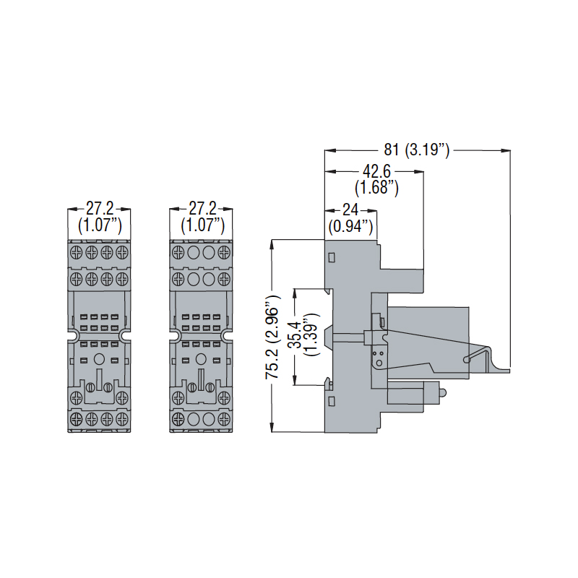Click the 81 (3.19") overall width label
coord(417,150)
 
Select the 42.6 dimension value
coord(376,172)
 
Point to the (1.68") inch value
coord(376,188)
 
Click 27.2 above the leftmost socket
coord(100,208)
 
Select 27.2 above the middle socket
coord(202,208)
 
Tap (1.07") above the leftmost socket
coord(100,224)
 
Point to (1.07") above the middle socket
coord(202,224)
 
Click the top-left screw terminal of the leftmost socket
coord(77,253)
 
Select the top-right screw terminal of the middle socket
coord(225,253)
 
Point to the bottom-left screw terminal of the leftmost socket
coord(77,418)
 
